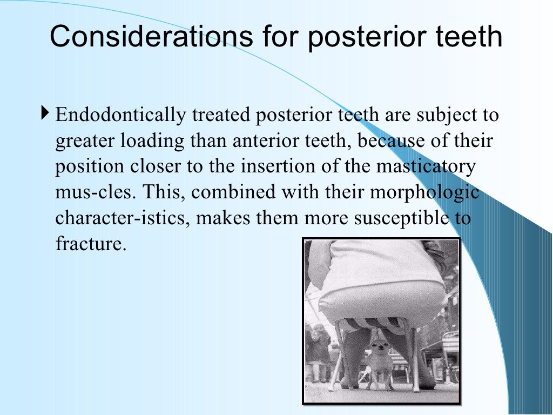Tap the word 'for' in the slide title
tap(277, 37)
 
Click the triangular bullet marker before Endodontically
tap(44, 114)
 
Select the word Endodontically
tap(122, 115)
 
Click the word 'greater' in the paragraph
tap(85, 142)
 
